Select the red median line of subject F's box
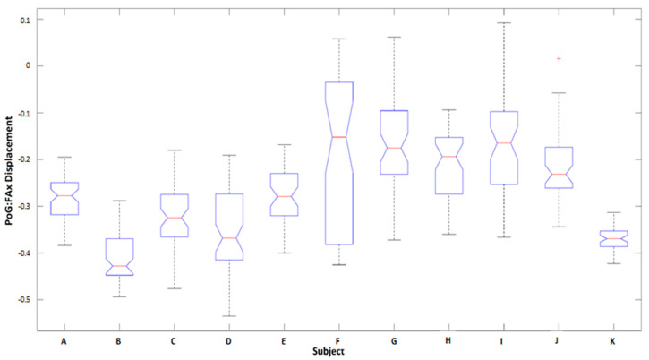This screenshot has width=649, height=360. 338,137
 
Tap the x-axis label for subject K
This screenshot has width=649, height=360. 613,341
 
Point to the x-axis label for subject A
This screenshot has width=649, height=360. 64,341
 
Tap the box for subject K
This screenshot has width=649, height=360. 613,238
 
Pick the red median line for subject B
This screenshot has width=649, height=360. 119,266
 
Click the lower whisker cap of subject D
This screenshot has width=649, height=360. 228,316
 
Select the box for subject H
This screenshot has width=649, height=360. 448,166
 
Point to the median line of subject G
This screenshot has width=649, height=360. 393,148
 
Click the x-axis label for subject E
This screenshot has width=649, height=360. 284,341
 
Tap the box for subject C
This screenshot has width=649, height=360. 174,216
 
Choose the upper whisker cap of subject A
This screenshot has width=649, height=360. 64,157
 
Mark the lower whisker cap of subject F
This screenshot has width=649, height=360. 338,265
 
